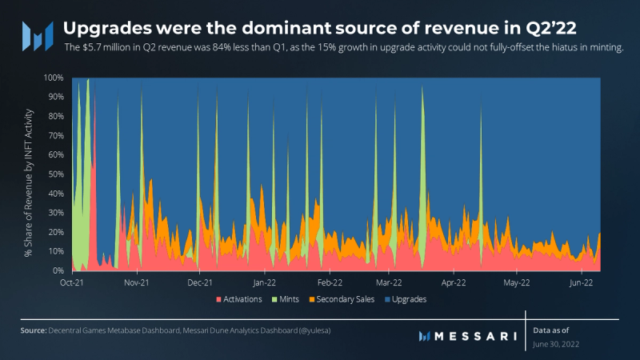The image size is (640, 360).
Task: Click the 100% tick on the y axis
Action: coord(54,78)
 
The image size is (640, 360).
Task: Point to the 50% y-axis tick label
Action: coord(55,174)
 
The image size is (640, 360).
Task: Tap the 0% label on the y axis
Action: coord(58,271)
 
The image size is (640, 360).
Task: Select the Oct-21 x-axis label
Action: coord(73,282)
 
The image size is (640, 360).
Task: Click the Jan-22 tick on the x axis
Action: coord(264,282)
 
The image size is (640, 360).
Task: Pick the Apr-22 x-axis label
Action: coord(454,282)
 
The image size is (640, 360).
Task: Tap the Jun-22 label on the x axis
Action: coord(580,282)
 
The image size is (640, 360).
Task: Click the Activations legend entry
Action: coord(243,299)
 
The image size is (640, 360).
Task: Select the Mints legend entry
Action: coord(290,299)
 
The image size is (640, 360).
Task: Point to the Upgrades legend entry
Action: coord(409,299)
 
